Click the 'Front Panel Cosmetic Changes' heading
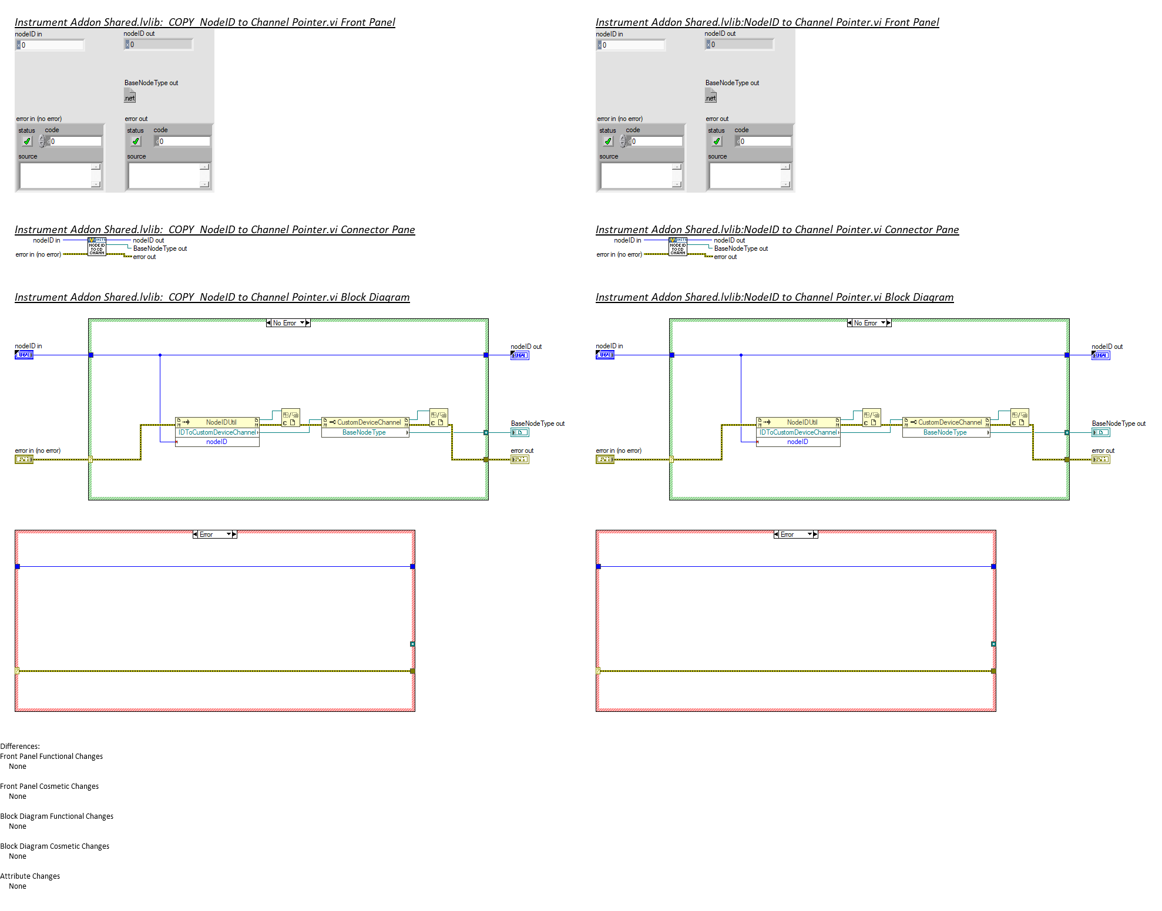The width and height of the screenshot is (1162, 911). pyautogui.click(x=49, y=786)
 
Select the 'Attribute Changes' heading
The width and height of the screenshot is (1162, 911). pyautogui.click(x=30, y=876)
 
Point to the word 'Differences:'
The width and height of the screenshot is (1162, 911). pyautogui.click(x=20, y=747)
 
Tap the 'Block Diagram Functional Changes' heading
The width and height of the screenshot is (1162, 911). pyautogui.click(x=57, y=816)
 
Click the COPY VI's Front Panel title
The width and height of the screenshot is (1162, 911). pyautogui.click(x=204, y=22)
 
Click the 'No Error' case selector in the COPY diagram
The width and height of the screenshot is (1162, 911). pyautogui.click(x=288, y=323)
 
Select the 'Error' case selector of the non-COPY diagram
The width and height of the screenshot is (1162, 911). pyautogui.click(x=795, y=535)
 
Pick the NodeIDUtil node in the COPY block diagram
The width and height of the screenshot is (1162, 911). pyautogui.click(x=217, y=422)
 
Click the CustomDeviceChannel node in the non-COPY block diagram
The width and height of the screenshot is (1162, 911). pyautogui.click(x=946, y=422)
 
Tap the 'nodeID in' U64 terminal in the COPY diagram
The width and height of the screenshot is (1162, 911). pyautogui.click(x=24, y=355)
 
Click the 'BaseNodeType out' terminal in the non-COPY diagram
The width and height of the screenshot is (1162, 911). pyautogui.click(x=1101, y=432)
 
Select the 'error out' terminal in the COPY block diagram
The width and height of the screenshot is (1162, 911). pyautogui.click(x=520, y=459)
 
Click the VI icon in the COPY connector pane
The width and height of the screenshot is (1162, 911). pyautogui.click(x=97, y=247)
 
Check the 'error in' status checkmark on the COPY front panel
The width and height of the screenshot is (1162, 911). pyautogui.click(x=27, y=142)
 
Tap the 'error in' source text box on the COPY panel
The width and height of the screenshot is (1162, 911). pyautogui.click(x=56, y=175)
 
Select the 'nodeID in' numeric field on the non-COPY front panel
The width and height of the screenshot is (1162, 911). pyautogui.click(x=633, y=45)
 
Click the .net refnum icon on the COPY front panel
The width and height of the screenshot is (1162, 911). pyautogui.click(x=130, y=97)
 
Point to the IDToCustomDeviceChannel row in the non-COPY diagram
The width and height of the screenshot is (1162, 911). pyautogui.click(x=798, y=432)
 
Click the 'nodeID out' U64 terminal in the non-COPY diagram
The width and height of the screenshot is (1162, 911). pyautogui.click(x=1101, y=355)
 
